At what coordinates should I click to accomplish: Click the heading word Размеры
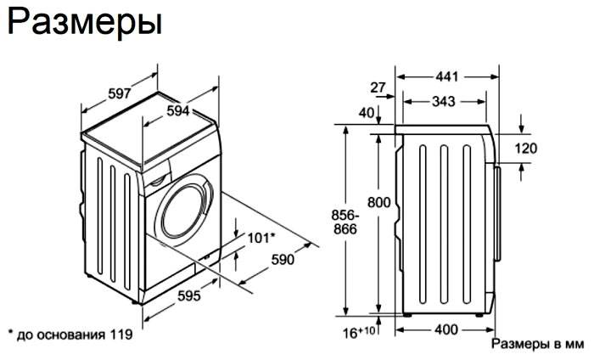(84, 23)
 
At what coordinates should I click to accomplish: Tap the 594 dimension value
(176, 110)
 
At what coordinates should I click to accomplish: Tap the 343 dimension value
(441, 101)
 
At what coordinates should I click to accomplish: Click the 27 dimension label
(378, 87)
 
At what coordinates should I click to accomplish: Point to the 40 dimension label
(367, 112)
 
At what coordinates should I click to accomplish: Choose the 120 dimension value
(526, 149)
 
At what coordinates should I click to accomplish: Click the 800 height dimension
(379, 203)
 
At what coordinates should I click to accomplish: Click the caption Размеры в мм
(537, 345)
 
